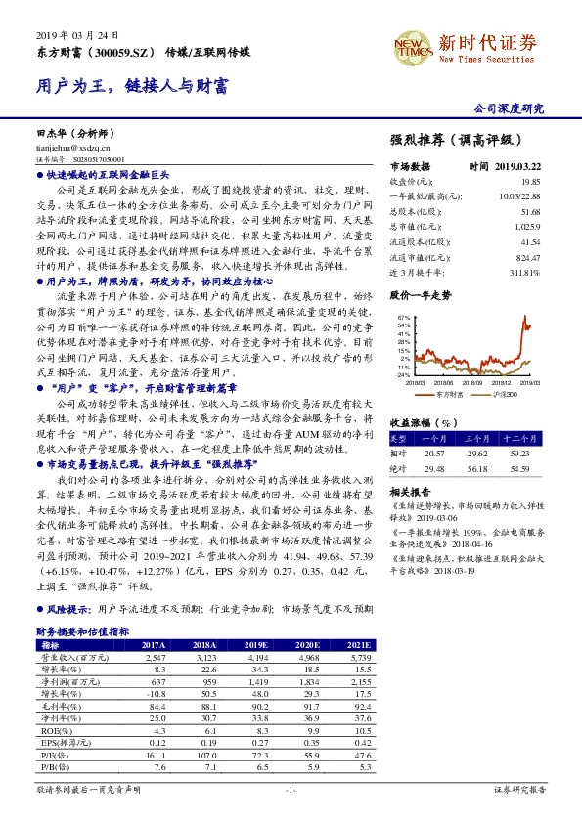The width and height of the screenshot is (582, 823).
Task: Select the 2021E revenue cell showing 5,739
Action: tap(360, 658)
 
